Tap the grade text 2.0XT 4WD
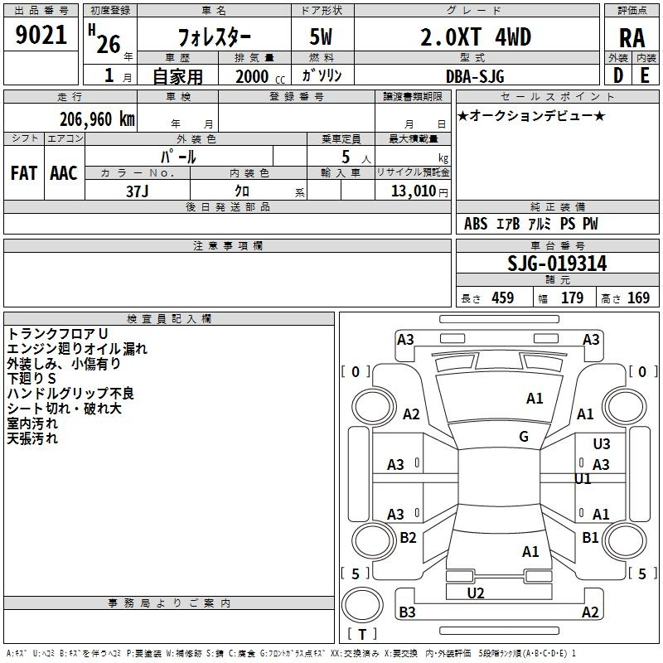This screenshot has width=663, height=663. click(x=475, y=37)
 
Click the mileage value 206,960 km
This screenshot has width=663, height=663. click(x=96, y=118)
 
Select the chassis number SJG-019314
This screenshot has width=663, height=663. click(x=557, y=264)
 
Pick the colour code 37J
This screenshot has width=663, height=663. click(x=138, y=190)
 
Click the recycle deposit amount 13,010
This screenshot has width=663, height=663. click(x=412, y=191)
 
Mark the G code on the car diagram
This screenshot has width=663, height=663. click(x=524, y=437)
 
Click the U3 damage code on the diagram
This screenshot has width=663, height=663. click(x=602, y=444)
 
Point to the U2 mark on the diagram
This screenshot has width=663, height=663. click(x=476, y=593)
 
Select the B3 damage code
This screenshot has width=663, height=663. click(x=407, y=612)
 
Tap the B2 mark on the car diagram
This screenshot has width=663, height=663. click(x=408, y=538)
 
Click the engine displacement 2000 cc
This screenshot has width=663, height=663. click(x=254, y=76)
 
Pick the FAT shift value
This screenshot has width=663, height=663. click(x=23, y=172)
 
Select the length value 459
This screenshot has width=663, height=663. click(x=502, y=298)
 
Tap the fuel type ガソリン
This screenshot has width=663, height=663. click(x=322, y=75)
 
